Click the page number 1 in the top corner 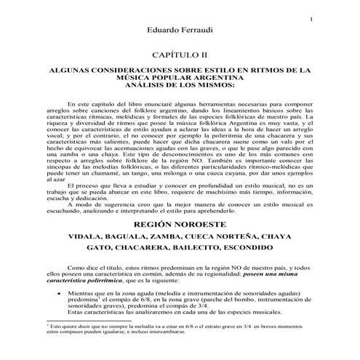[311, 20]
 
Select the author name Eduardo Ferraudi [179, 31]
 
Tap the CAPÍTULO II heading [180, 55]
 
